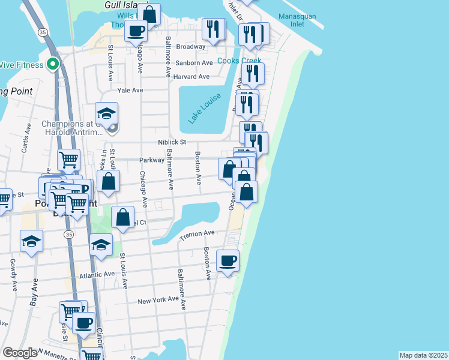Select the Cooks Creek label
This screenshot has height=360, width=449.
[239, 61]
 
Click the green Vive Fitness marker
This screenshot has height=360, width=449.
[53, 64]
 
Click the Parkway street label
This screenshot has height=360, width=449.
[151, 160]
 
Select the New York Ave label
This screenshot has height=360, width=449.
[158, 300]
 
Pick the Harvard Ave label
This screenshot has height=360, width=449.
[191, 77]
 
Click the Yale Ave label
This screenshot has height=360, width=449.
[130, 90]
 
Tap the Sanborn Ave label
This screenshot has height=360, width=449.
[194, 63]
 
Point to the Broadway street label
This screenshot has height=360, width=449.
[191, 46]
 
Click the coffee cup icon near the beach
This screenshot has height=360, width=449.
[228, 261]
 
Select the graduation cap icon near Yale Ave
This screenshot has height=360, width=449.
[106, 113]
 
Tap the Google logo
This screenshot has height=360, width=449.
[20, 352]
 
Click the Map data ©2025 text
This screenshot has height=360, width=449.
[423, 355]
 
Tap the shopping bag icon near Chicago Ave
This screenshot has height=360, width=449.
[122, 218]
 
